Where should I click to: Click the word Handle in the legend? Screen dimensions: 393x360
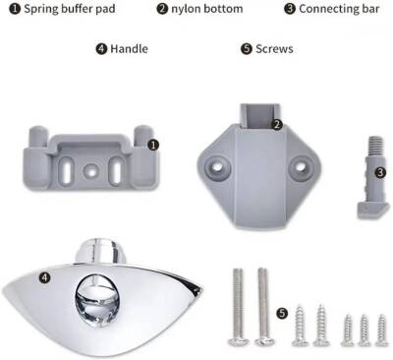pos(129,49)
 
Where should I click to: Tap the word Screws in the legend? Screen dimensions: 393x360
pos(274,49)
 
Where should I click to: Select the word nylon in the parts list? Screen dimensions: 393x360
pos(186,9)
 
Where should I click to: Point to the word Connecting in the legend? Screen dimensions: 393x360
pos(328,9)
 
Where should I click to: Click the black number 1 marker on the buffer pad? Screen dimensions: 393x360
pos(153,145)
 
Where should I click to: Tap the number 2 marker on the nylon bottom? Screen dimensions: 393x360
pos(277,125)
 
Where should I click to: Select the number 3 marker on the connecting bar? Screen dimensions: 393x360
pos(380,172)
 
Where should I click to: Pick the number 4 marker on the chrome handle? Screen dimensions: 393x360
pos(45,277)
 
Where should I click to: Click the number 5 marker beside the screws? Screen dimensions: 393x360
pos(282,313)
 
